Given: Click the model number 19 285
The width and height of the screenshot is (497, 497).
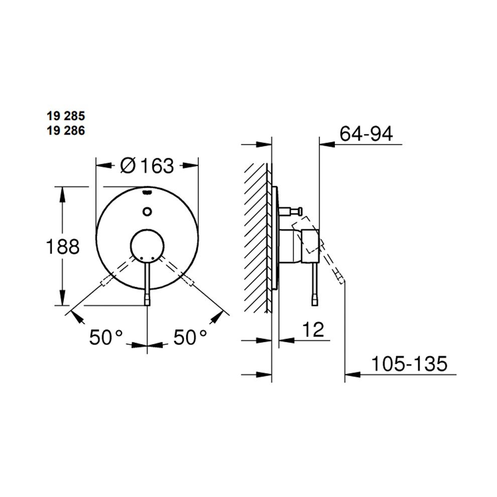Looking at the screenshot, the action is tap(66, 116).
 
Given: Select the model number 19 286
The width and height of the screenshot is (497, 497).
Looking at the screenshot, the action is tap(66, 131).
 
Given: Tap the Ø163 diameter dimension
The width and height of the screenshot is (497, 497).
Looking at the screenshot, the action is tap(148, 166).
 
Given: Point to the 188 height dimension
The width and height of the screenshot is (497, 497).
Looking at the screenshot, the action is tap(63, 246).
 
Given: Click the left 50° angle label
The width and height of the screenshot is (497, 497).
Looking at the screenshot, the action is tap(105, 337).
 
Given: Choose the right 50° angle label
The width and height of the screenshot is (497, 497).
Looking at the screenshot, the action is tap(190, 337).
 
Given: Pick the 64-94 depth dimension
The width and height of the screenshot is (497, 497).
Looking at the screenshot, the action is tap(366, 134).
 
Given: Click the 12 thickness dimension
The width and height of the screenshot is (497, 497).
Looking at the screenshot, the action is tap(313, 329).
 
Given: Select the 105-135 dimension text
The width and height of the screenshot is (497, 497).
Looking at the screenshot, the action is tap(409, 363).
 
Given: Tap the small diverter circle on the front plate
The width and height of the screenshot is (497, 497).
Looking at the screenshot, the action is tap(147, 211).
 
